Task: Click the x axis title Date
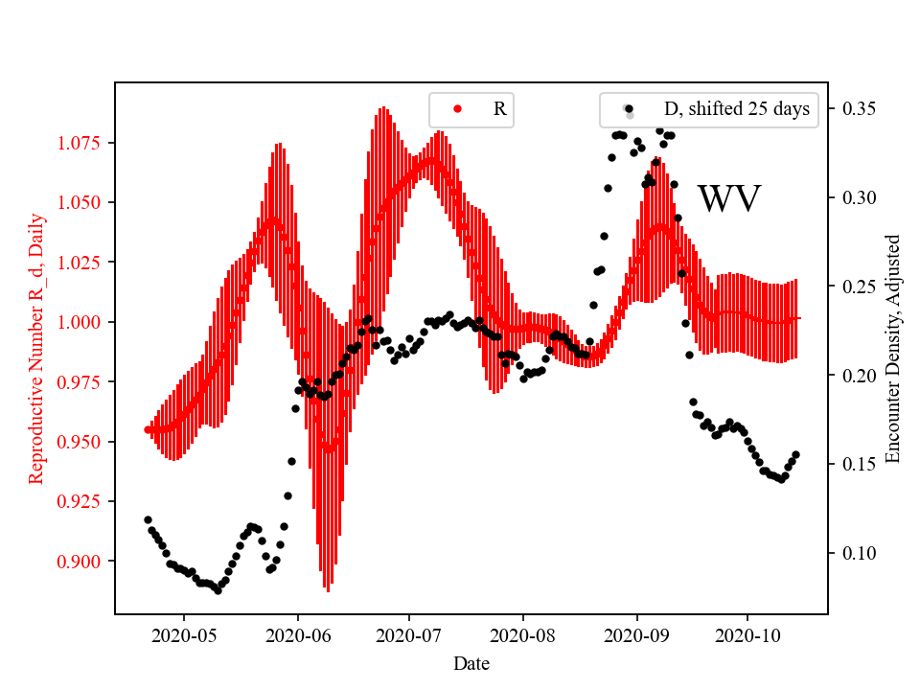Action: (471, 662)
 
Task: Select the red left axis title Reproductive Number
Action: (36, 348)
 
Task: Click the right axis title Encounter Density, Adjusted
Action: (893, 348)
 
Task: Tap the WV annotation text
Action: (728, 199)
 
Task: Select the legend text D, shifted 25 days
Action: (737, 109)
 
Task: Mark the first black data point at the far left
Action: (148, 519)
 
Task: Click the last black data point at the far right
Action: (795, 454)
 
